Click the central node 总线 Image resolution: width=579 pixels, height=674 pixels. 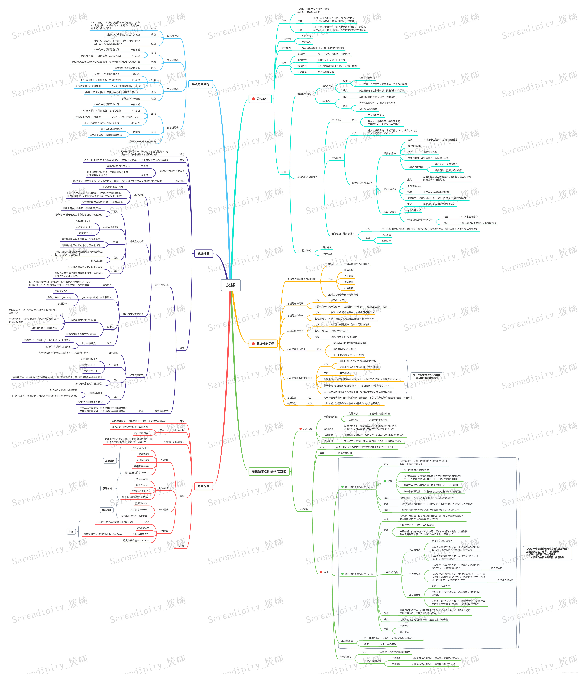(231, 285)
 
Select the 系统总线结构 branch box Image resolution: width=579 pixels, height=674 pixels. (200, 84)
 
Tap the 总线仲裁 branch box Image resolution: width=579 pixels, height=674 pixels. (204, 253)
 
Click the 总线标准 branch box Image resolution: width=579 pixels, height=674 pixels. (204, 486)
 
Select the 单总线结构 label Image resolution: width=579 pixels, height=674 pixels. (173, 36)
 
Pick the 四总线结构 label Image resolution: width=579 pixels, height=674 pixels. (173, 128)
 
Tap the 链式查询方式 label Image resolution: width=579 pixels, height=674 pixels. (137, 241)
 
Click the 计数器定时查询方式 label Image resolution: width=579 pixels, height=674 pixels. (133, 314)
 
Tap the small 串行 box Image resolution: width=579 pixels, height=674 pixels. (71, 532)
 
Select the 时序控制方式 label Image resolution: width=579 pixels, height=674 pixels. (304, 250)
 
